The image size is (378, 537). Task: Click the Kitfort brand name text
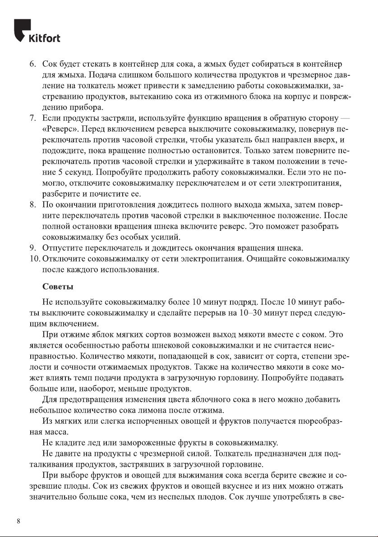coord(45,38)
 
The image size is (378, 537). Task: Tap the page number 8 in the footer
coord(18,522)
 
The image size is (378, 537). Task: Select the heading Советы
coord(58,287)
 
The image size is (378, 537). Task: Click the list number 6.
coord(32,63)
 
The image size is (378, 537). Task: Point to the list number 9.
coord(32,248)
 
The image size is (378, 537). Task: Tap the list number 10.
coord(34,259)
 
